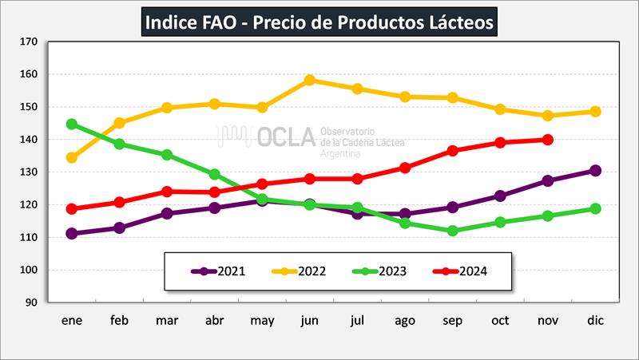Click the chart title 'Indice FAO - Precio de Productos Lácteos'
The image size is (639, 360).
[x=320, y=21]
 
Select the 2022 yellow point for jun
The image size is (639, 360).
[x=309, y=80]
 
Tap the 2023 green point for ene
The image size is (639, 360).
[x=72, y=125]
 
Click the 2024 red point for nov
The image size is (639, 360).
[x=548, y=140]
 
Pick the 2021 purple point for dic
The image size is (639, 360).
[x=595, y=171]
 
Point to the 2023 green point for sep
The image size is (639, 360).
[x=453, y=231]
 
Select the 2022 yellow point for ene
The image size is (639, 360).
[x=72, y=158]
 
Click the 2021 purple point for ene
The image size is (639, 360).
[x=72, y=234]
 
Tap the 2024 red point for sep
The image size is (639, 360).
[x=453, y=150]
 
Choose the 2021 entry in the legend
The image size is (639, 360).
[x=220, y=271]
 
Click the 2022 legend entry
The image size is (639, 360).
[x=304, y=271]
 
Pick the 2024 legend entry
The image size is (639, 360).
[x=463, y=271]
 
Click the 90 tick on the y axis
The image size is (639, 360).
[x=30, y=303]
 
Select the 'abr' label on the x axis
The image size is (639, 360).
[x=214, y=320]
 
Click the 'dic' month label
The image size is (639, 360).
[x=595, y=320]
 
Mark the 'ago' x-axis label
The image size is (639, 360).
[x=405, y=320]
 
